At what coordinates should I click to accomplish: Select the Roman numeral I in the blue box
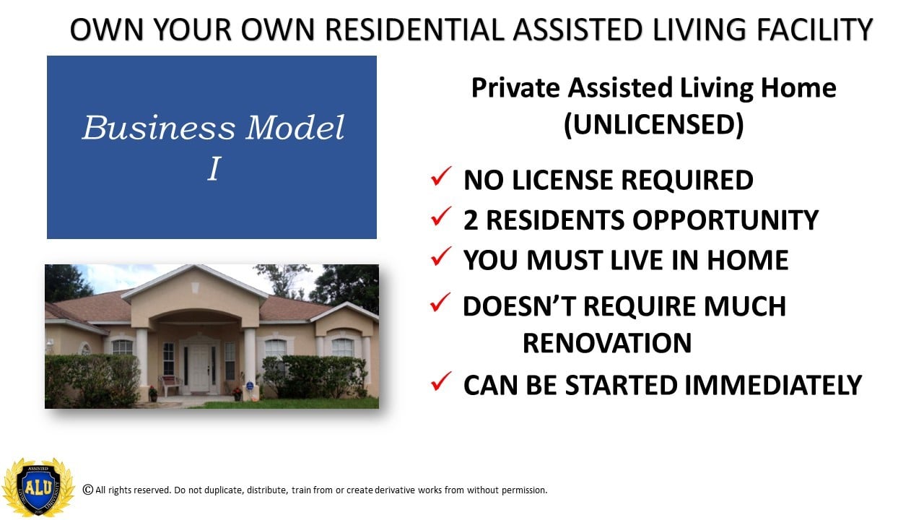(214, 168)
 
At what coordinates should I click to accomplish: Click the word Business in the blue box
(159, 127)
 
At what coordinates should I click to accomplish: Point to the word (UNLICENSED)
(654, 124)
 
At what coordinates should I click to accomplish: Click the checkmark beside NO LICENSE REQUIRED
(441, 176)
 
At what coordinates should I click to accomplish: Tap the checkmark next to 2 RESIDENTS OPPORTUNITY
(441, 216)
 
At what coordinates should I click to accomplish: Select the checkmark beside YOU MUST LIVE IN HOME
(441, 256)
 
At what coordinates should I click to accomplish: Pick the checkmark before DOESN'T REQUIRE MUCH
(440, 302)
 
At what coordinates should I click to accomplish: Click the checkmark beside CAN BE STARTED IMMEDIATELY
(441, 381)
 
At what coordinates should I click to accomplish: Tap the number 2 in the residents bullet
(471, 220)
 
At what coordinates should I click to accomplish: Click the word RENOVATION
(607, 343)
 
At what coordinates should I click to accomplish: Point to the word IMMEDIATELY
(773, 385)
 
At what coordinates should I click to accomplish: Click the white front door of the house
(200, 368)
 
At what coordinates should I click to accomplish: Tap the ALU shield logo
(38, 487)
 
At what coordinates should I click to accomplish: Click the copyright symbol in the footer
(88, 490)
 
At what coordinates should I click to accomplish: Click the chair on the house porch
(170, 386)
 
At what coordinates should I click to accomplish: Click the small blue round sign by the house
(250, 386)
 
